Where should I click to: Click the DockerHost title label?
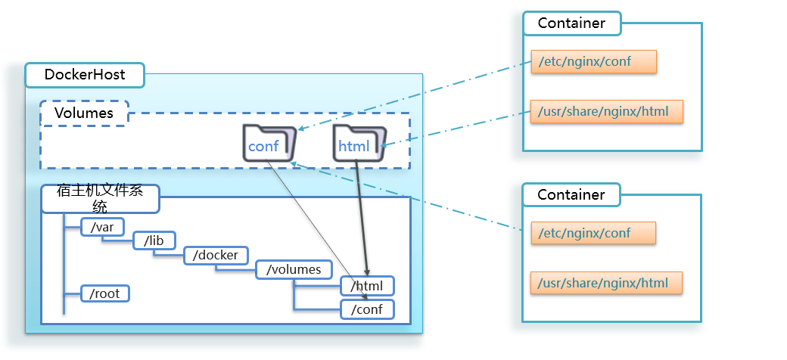(x=84, y=75)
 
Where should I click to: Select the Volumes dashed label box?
(x=84, y=113)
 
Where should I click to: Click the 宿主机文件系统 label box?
(x=100, y=199)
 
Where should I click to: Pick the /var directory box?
(x=102, y=226)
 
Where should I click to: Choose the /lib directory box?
(x=154, y=241)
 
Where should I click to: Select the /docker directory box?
(x=216, y=255)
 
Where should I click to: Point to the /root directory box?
(x=105, y=293)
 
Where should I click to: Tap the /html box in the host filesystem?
(x=367, y=286)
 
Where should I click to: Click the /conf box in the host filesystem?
(x=367, y=309)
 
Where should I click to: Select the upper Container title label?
(x=571, y=23)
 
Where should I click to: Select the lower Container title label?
(x=571, y=194)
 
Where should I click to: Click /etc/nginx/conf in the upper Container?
(x=593, y=61)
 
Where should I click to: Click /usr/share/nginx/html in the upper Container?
(x=606, y=112)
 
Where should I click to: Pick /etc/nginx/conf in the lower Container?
(x=593, y=233)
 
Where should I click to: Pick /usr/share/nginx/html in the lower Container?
(x=606, y=283)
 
